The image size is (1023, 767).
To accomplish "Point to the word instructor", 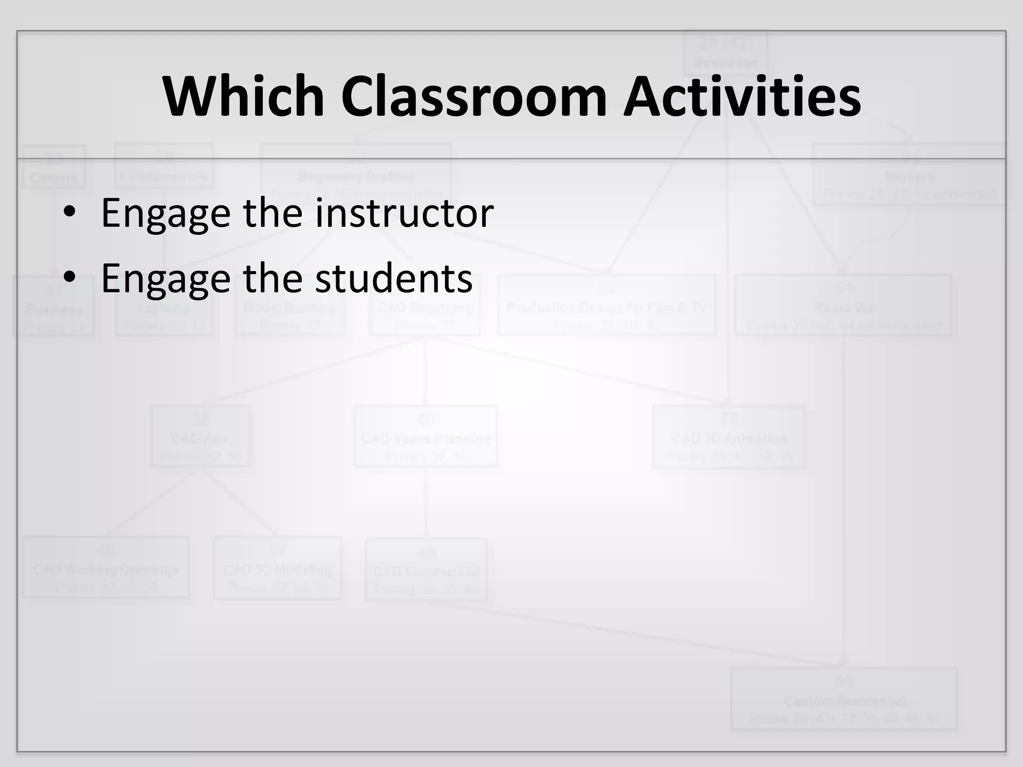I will click(x=405, y=213).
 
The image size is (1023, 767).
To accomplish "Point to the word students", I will click(x=394, y=278).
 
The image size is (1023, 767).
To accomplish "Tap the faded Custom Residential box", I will click(x=844, y=699).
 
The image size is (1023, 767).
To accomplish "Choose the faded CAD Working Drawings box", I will click(x=106, y=567).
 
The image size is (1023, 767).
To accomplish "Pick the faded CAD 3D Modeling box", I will click(x=277, y=568).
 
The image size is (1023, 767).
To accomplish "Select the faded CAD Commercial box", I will click(x=426, y=569).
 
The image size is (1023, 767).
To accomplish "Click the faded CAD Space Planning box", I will click(x=425, y=436).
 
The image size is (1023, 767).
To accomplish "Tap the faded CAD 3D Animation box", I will click(x=729, y=437).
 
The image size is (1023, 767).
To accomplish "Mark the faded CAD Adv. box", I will click(x=200, y=436).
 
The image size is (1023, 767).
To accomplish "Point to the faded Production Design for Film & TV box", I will click(x=606, y=305).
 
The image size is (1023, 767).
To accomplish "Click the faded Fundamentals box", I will click(x=164, y=166).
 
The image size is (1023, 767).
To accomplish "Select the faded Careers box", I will click(x=54, y=167).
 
